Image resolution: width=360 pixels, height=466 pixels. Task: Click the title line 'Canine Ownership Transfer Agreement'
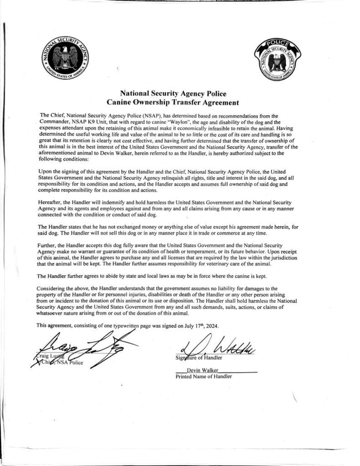pos(179,103)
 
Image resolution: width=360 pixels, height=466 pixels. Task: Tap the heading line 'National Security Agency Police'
pos(179,94)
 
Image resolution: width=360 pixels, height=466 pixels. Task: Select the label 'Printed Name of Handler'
pos(203,376)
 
